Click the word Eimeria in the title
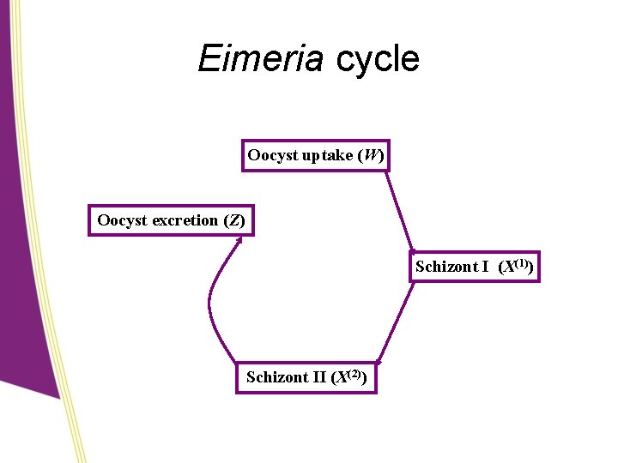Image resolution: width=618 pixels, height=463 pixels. point(259,59)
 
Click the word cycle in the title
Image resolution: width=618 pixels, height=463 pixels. point(378,59)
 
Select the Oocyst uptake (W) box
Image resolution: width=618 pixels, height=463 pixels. point(315,156)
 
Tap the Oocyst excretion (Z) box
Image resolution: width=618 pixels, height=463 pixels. point(171,220)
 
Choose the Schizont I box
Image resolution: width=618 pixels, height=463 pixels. point(475,267)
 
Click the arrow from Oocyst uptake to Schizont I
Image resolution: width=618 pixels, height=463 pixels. point(399,211)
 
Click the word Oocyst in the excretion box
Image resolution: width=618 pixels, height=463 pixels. point(123,221)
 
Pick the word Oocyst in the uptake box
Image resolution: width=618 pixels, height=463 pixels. point(272,156)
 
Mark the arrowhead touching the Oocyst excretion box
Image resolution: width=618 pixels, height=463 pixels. point(239,241)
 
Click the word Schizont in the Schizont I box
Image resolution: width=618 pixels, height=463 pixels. point(445,267)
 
